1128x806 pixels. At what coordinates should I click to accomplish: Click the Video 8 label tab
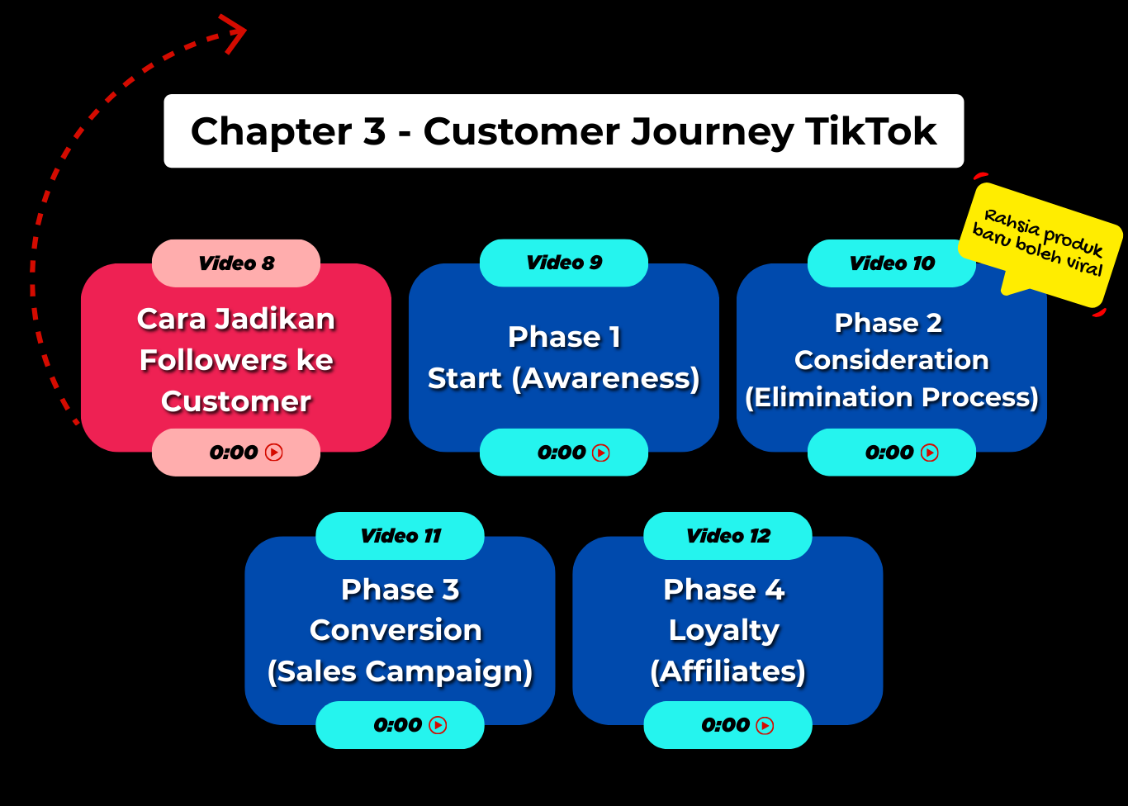236,263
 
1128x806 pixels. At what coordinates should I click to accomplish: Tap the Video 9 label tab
564,263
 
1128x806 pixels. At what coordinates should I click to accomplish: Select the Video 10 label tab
892,263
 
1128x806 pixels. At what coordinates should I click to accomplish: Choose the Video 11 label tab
400,536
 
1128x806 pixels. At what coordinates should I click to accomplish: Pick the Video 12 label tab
728,536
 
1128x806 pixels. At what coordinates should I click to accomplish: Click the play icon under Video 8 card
274,453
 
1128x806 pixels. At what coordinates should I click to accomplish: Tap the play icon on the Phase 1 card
601,453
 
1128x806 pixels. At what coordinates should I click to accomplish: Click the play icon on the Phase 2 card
930,453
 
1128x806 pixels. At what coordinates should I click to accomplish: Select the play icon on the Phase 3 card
438,725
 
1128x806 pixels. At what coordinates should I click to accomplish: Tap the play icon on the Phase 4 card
765,725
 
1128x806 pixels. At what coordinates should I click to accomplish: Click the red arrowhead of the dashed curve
235,33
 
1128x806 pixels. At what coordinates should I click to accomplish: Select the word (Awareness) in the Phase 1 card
605,378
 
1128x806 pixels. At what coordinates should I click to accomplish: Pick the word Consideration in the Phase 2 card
891,360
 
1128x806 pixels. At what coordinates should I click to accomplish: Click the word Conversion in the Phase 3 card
396,630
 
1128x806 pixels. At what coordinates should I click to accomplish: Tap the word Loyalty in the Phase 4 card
723,630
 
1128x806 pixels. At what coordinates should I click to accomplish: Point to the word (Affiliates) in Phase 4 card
728,671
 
